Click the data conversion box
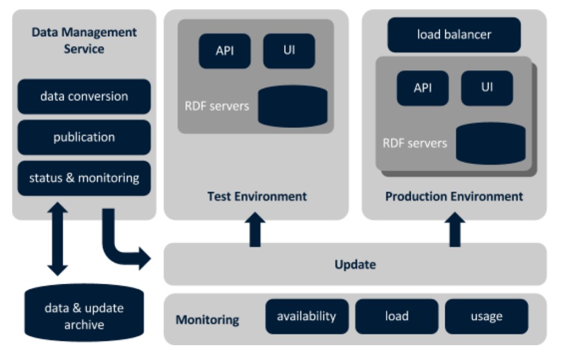pos(84,97)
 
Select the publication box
pos(84,137)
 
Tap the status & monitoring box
pos(84,178)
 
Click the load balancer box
pos(454,35)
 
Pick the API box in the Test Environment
pos(224,51)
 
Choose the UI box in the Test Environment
pos(289,51)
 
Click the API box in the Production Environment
pos(422,88)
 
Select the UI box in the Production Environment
pos(487,88)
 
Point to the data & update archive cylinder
pos(84,316)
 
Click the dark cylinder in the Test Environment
pos(292,106)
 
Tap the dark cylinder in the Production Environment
pos(491,143)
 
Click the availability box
pos(307,317)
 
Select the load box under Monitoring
pos(396,317)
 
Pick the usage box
pos(486,317)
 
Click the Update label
pos(355,265)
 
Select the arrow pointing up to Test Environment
pos(254,229)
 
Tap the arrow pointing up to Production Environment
pos(454,229)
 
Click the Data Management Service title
pos(84,41)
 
